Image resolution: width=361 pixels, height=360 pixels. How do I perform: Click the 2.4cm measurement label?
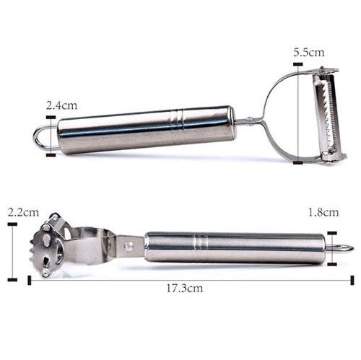[x=61, y=105]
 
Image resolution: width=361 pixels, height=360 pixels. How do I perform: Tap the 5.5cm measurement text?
[x=308, y=52]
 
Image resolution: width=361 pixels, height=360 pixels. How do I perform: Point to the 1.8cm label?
[x=322, y=212]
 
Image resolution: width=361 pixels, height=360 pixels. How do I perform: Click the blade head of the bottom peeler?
[x=53, y=245]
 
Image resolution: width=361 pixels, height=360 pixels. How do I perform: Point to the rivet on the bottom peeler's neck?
[x=129, y=246]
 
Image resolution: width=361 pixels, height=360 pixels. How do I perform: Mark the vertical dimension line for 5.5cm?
[x=298, y=115]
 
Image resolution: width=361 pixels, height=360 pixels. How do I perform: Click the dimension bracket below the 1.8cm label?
[x=331, y=247]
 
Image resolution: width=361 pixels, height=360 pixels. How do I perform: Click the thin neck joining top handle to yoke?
[x=245, y=120]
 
